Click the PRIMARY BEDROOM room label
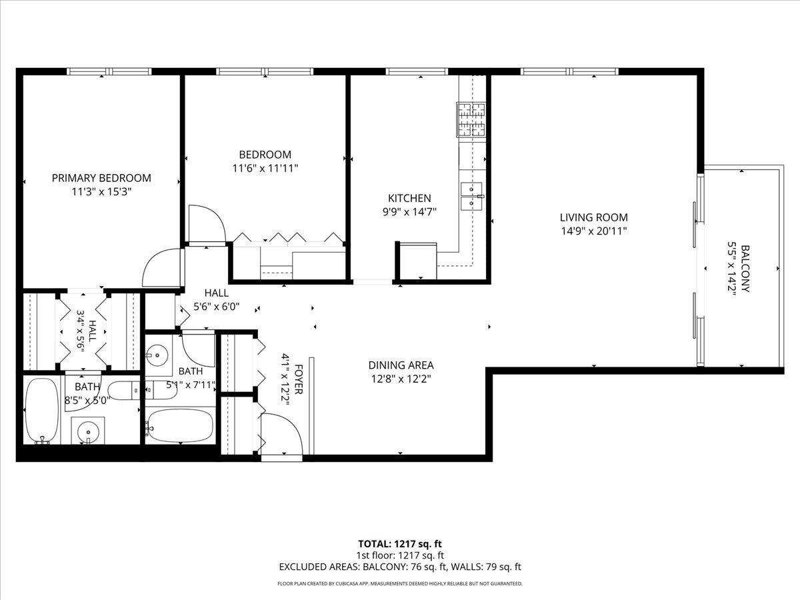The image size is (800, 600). coord(101,178)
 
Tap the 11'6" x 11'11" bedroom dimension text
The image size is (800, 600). coord(261,169)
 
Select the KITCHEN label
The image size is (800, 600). coord(409,198)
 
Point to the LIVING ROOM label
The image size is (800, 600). coord(593,217)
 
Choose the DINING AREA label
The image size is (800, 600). coord(401,365)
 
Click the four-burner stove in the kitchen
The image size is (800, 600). coord(472,120)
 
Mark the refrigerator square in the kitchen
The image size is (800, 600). coord(417,261)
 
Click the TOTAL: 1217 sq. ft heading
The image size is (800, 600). coord(400,543)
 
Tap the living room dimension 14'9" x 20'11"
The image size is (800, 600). coord(593,231)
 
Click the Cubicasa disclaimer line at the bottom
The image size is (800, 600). coord(400,584)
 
